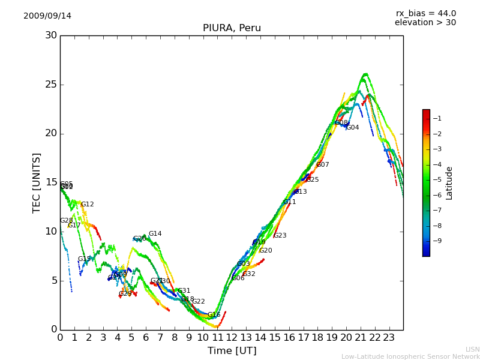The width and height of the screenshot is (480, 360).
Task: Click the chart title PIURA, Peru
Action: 232,28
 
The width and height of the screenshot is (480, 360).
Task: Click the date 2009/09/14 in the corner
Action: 47,16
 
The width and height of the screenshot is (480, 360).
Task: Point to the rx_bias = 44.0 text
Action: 425,13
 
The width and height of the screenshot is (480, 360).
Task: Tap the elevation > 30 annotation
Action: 425,23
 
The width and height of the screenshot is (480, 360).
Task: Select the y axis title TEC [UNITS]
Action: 37,182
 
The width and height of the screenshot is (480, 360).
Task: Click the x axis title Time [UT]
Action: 232,351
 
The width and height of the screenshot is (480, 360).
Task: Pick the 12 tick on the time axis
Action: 232,337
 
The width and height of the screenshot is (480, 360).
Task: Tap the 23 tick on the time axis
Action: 389,337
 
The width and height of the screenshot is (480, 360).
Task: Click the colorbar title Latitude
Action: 449,182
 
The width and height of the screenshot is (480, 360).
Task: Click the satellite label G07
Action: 323,164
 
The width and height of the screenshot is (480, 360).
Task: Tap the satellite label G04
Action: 353,127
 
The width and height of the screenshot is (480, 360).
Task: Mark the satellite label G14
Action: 155,233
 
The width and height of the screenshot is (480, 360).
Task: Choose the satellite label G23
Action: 280,235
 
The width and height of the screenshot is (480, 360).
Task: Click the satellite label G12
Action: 88,204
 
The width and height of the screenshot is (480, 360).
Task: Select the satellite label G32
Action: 249,274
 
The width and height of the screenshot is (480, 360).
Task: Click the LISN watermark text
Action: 472,349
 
